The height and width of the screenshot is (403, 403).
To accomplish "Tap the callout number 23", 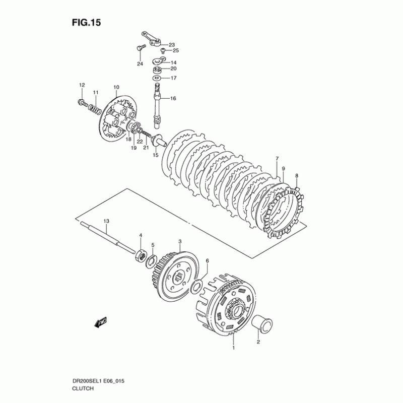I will [172, 45].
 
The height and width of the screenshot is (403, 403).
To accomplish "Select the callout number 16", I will [173, 98].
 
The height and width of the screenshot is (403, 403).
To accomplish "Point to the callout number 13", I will [106, 221].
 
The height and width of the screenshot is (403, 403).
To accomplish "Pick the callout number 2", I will [258, 343].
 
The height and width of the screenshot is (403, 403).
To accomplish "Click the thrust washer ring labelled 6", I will [198, 287].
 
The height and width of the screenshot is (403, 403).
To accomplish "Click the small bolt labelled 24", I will [140, 48].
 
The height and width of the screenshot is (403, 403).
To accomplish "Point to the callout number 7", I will [277, 159].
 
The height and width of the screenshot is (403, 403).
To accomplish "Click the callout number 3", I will [180, 241].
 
